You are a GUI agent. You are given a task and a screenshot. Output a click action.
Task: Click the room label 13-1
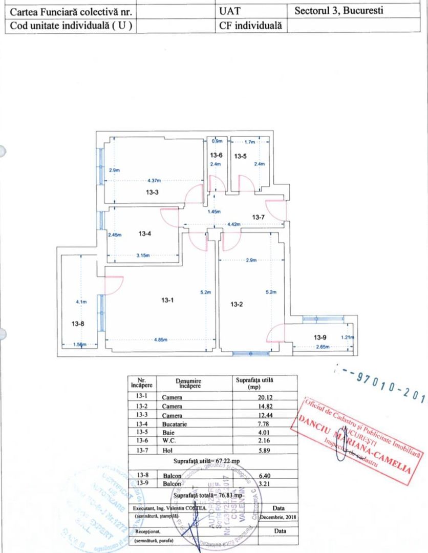[x=166, y=301]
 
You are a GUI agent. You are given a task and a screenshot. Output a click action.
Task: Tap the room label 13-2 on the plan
[x=236, y=304]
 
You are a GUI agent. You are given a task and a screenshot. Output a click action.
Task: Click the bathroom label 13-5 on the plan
[x=241, y=156]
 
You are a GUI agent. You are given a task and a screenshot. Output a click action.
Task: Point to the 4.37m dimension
[x=154, y=180]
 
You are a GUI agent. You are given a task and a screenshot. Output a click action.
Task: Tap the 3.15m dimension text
[x=142, y=256]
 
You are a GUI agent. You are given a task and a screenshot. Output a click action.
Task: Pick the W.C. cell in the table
[x=171, y=441]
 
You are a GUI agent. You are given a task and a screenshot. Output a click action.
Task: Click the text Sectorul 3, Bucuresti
[x=339, y=11]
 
